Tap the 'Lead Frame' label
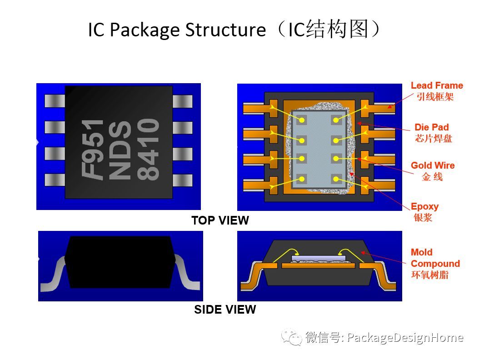pyautogui.click(x=436, y=85)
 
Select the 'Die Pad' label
pyautogui.click(x=431, y=127)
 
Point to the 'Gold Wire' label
pyautogui.click(x=433, y=165)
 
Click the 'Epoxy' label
pyautogui.click(x=424, y=206)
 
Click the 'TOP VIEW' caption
pyautogui.click(x=220, y=220)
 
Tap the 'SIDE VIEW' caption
pyautogui.click(x=225, y=310)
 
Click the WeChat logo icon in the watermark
pyautogui.click(x=291, y=337)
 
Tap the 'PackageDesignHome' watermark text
pyautogui.click(x=405, y=338)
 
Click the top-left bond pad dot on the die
pyautogui.click(x=301, y=120)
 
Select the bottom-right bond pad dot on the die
pyautogui.click(x=336, y=179)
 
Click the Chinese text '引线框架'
pyautogui.click(x=435, y=97)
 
